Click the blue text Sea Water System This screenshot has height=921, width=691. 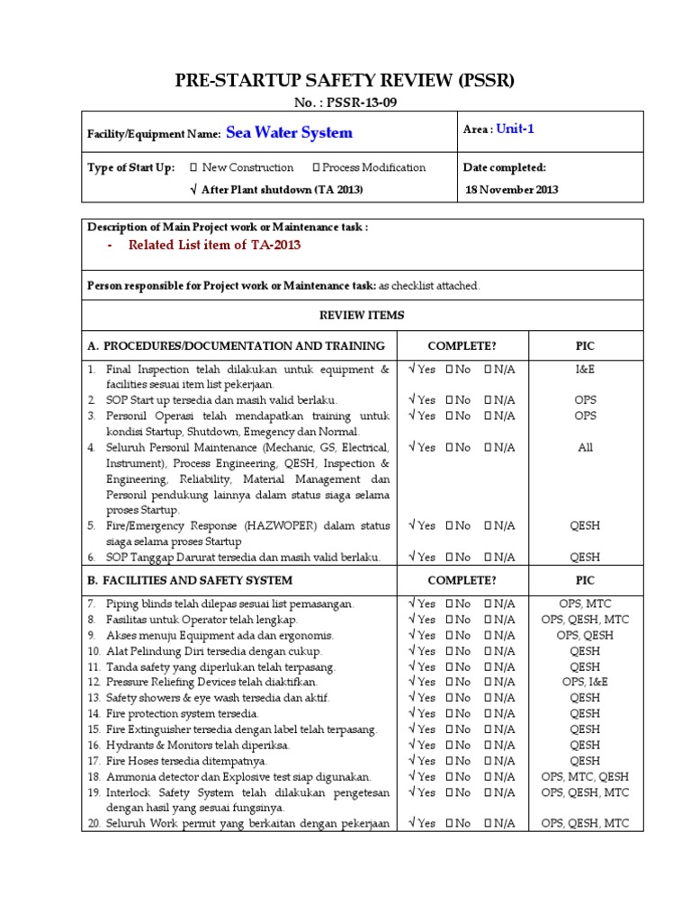[289, 133]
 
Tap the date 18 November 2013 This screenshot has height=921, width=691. [512, 190]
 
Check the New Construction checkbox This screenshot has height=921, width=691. [193, 167]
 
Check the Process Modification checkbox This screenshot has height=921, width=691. [316, 167]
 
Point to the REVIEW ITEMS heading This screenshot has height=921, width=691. [363, 316]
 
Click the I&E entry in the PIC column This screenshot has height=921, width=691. [585, 369]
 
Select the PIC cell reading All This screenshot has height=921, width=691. [585, 447]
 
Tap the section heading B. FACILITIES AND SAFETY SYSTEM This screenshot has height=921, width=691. [190, 580]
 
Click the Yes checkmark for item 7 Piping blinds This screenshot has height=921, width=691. [412, 604]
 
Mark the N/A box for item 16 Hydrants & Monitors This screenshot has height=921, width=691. [489, 746]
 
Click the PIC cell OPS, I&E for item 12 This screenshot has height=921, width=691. [585, 683]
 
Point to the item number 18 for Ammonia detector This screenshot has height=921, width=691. [94, 777]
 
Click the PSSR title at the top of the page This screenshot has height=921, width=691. [345, 81]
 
